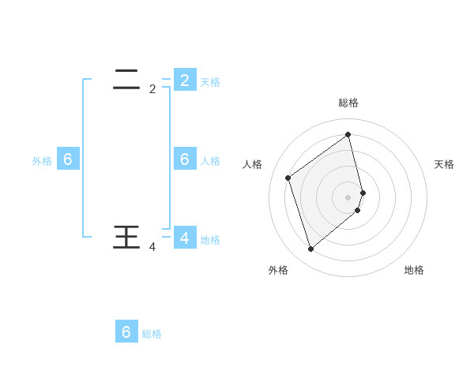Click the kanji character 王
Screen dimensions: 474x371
(127, 237)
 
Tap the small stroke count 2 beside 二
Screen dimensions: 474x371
(152, 89)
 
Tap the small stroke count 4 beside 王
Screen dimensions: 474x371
(152, 247)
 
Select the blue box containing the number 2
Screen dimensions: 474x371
(185, 80)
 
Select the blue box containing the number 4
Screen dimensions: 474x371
(185, 238)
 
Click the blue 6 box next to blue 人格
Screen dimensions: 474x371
(185, 159)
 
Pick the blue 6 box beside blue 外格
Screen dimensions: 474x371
(68, 159)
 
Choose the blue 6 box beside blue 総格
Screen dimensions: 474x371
(126, 332)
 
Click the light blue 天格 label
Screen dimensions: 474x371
(210, 81)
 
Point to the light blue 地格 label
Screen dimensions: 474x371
(210, 239)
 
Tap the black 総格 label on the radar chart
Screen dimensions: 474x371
(348, 103)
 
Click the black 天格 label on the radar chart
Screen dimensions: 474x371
(444, 164)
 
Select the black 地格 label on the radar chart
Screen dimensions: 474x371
(414, 270)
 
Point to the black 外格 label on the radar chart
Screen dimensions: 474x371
(278, 270)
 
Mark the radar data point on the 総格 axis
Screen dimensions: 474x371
(348, 135)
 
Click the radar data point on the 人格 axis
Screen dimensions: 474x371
(288, 178)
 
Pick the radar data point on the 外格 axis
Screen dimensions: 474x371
(310, 249)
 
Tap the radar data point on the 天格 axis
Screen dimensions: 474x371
(363, 192)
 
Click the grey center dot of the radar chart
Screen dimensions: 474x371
(348, 197)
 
